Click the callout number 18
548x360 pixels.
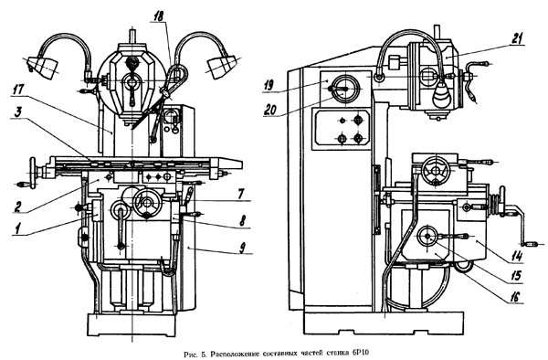(159, 16)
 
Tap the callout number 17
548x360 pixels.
(18, 89)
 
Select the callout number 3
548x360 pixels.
(18, 112)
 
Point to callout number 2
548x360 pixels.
(18, 206)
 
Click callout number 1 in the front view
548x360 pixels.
(16, 229)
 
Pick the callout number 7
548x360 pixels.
(241, 194)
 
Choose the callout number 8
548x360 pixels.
(241, 220)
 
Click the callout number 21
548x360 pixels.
(517, 38)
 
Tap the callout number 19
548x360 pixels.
(269, 85)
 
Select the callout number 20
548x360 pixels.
(270, 110)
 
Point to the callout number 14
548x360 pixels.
(517, 256)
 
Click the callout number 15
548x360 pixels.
(516, 276)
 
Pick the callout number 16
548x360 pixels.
(515, 297)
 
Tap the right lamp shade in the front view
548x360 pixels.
(220, 66)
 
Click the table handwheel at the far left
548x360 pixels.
(33, 173)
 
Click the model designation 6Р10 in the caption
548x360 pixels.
(361, 353)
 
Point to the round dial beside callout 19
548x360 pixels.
(345, 89)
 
